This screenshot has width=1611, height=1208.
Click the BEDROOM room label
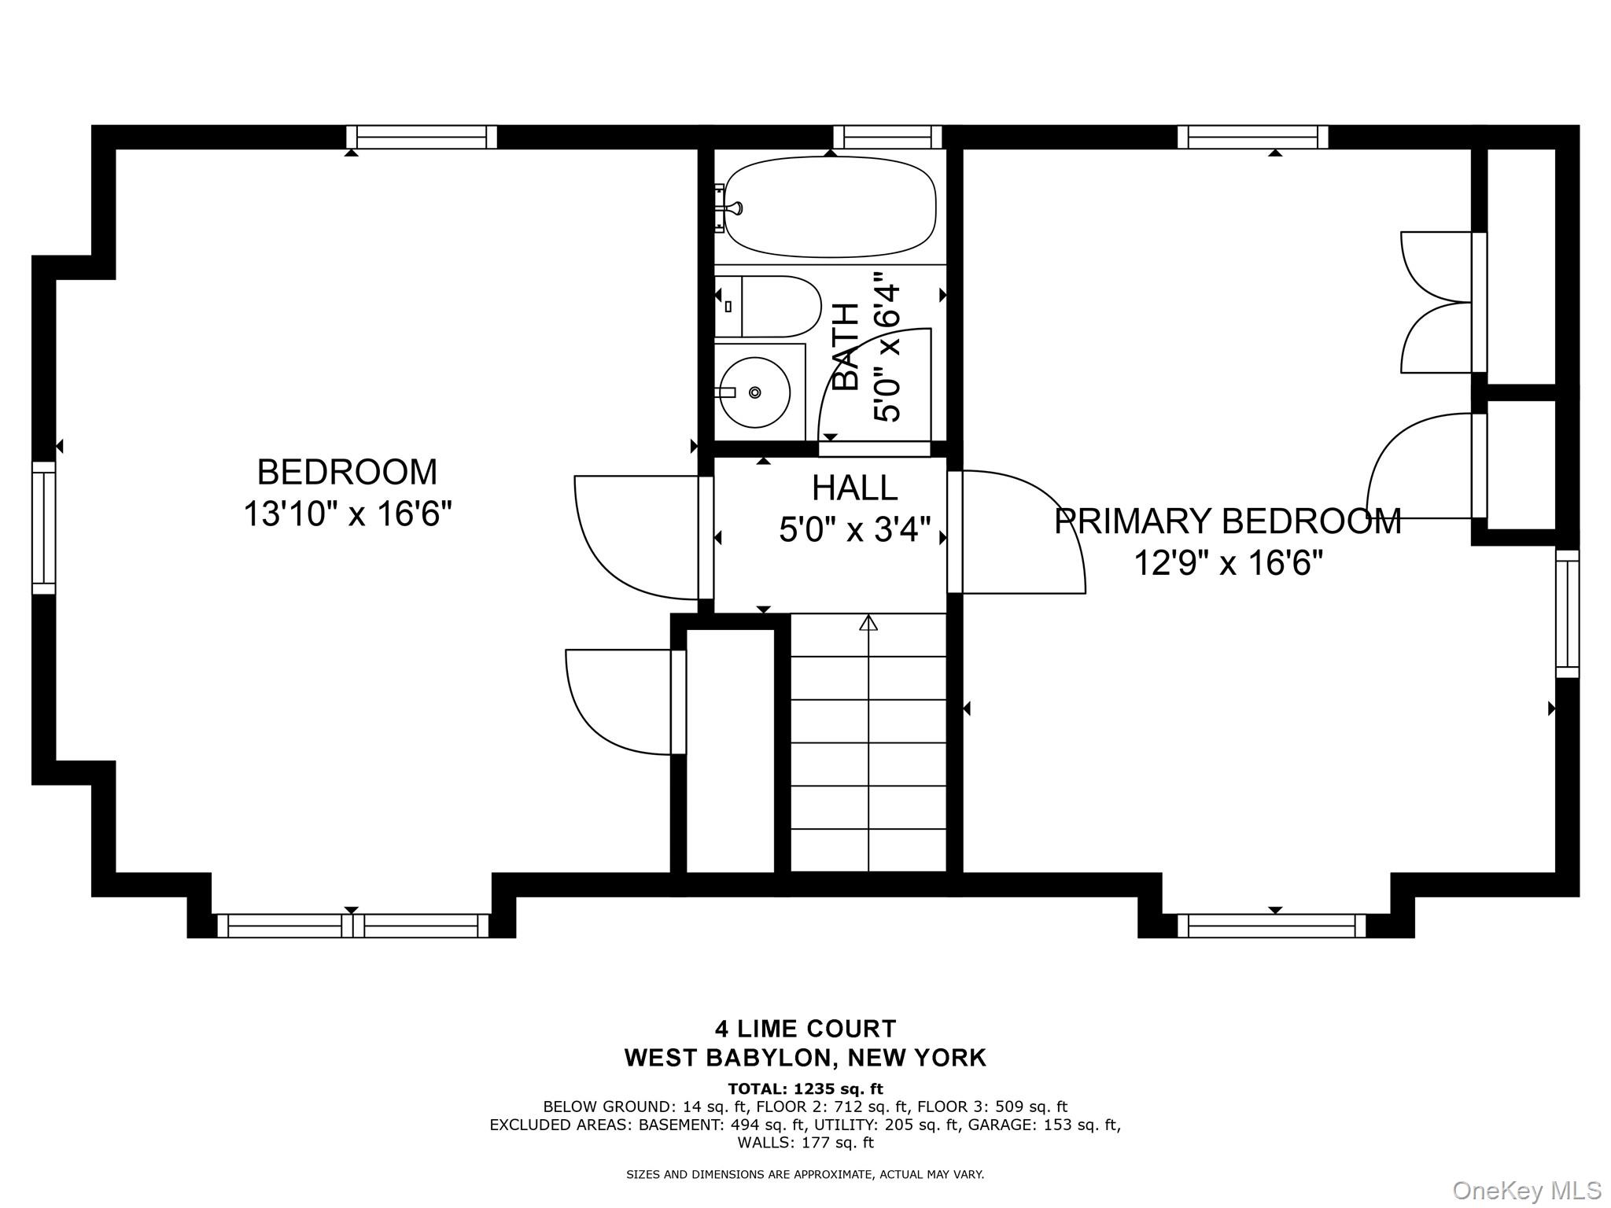pos(347,472)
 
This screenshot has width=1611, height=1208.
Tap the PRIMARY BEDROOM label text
pos(1227,521)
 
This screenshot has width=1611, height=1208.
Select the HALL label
pos(854,488)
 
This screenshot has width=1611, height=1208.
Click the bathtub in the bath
pos(830,208)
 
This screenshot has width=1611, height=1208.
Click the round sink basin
pos(754,392)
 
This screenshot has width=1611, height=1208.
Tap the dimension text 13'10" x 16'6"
pos(347,515)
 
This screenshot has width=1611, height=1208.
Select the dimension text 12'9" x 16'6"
pos(1227,563)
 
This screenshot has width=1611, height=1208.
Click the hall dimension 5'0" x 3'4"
pos(854,530)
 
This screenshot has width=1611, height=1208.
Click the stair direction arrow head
pos(868,624)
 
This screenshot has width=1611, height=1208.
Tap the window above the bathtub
pos(887,137)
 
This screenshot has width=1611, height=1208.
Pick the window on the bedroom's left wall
pos(44,527)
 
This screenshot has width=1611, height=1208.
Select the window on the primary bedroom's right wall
pos(1567,613)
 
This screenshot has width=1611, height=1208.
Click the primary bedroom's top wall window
pos(1252,137)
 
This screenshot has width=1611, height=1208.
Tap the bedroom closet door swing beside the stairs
pos(621,700)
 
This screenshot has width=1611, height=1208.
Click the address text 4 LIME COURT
pos(805,1029)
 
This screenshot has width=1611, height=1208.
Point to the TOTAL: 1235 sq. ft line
pos(805,1089)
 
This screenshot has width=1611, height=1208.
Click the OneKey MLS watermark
pos(1526,1190)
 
